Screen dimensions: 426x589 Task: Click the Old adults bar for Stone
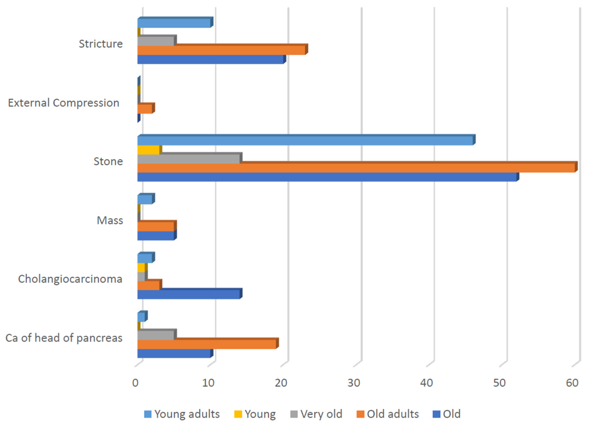(x=356, y=168)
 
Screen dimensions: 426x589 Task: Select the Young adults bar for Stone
(x=305, y=141)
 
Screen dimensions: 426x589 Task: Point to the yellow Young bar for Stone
(x=148, y=150)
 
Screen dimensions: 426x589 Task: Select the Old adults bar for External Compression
(x=145, y=109)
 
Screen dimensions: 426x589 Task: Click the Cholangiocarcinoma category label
(x=70, y=279)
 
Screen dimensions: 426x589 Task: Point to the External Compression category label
(x=64, y=103)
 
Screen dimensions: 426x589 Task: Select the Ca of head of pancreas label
(x=64, y=338)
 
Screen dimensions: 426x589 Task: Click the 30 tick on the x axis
(x=354, y=383)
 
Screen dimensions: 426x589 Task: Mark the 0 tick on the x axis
(x=135, y=383)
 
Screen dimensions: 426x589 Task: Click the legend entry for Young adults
(x=182, y=414)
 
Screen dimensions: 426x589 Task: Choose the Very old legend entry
(x=316, y=414)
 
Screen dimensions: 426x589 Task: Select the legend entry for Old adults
(x=388, y=414)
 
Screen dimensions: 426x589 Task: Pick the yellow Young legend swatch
(x=238, y=414)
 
